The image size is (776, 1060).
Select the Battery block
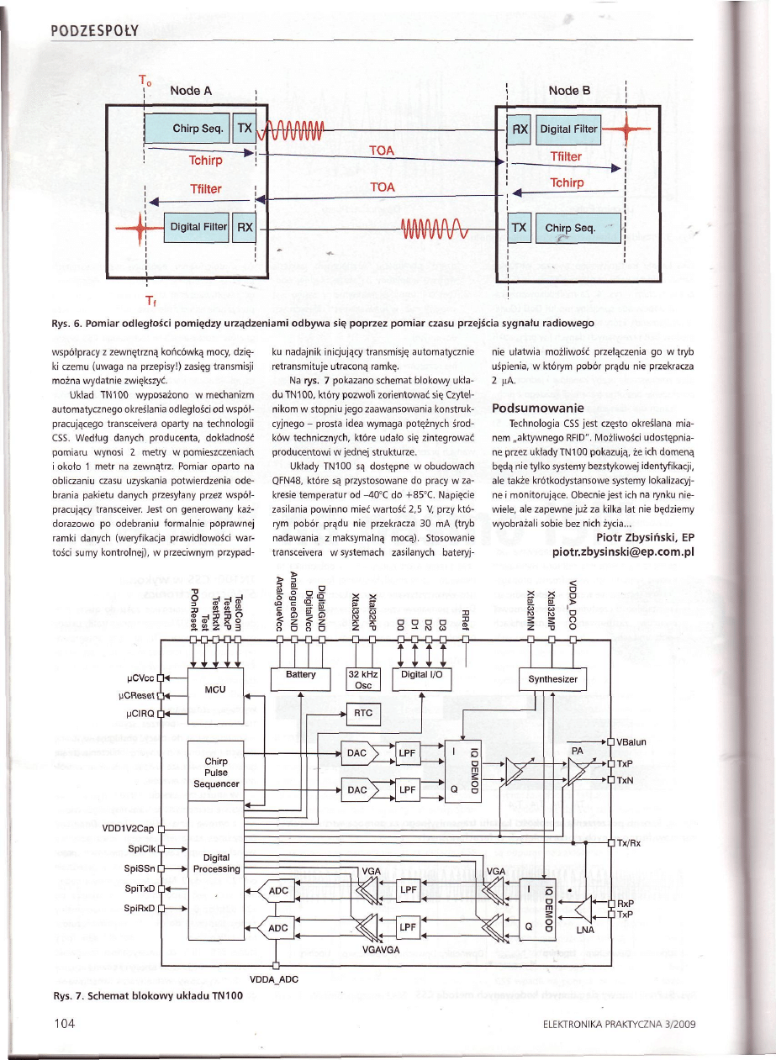[x=300, y=674]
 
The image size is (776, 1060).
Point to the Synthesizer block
[x=551, y=679]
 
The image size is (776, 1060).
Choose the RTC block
[x=363, y=713]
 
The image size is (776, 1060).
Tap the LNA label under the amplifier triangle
[x=585, y=931]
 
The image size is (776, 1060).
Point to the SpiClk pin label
[x=138, y=849]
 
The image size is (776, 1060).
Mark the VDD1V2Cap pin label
[x=128, y=828]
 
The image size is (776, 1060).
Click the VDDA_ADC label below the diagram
[x=275, y=979]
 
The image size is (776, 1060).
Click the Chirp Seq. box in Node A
[x=197, y=129]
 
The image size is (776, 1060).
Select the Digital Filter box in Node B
[x=568, y=129]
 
